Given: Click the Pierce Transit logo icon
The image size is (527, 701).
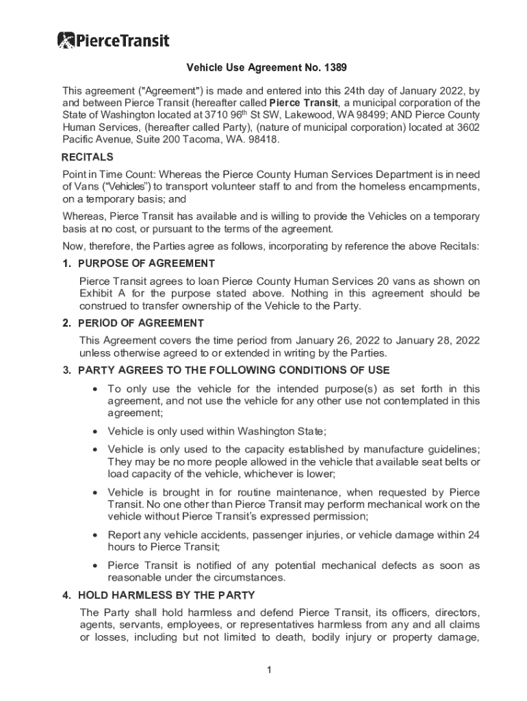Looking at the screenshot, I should tap(66, 40).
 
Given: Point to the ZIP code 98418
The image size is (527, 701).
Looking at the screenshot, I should tap(263, 139).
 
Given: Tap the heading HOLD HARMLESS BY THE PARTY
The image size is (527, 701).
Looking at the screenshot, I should tap(166, 595).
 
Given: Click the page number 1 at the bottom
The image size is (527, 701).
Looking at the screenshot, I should tap(270, 670).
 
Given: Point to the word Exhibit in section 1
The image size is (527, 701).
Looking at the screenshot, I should tap(96, 294).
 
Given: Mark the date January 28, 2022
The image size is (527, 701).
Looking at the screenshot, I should tap(441, 341).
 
